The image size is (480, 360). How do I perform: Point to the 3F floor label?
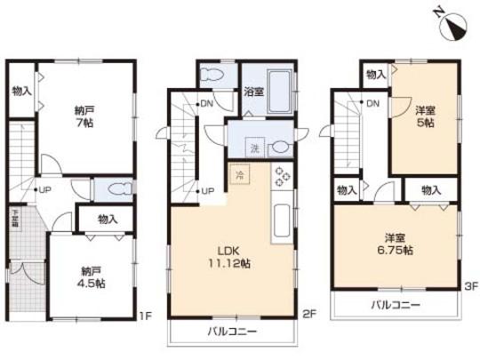coord(470,286)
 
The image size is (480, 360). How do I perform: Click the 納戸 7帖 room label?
coord(84,116)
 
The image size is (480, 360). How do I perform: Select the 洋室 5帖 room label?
coord(425,116)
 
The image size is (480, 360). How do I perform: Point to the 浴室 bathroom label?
coord(253,90)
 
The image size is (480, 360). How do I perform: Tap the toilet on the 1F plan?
coord(114,188)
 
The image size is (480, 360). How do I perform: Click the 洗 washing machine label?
coord(255,147)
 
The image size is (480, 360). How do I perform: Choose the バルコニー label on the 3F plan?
coord(395,306)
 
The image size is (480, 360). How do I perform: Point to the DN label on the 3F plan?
coord(372,105)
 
